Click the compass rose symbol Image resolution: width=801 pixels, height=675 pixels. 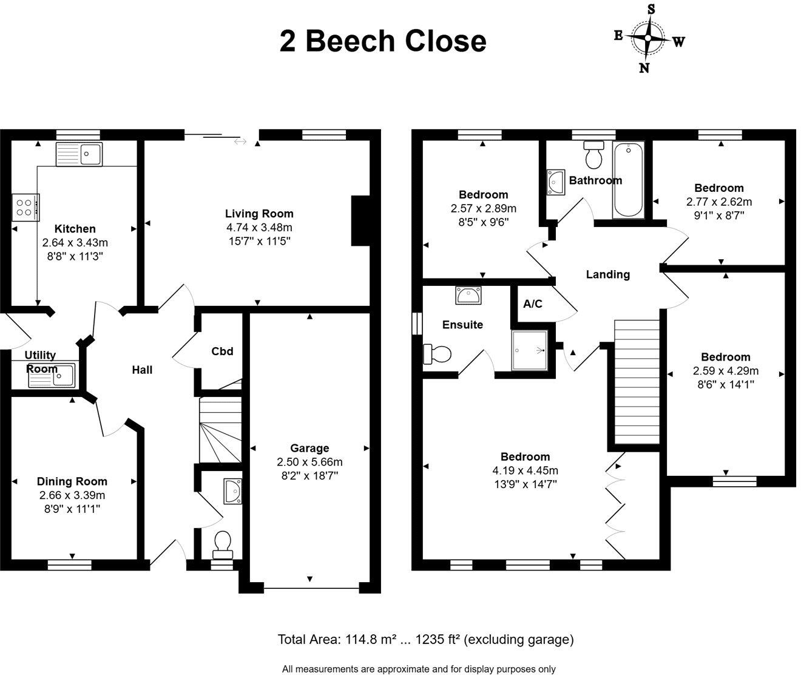point(648,38)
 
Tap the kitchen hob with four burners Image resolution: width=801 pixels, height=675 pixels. point(25,206)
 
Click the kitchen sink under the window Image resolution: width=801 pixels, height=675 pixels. point(79,154)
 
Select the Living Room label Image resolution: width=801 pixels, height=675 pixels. point(259,214)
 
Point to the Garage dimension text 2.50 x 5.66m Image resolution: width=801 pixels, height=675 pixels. point(309,462)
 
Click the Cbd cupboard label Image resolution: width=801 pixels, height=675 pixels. point(222,351)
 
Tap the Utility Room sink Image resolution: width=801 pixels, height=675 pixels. point(52,375)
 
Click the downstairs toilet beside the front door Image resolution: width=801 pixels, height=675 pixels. point(223,544)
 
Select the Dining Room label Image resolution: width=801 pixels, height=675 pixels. point(72,481)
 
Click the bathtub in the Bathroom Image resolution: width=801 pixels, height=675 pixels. point(628,180)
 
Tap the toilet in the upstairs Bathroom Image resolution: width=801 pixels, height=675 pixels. point(593,155)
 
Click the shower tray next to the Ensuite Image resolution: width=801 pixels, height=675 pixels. point(530,350)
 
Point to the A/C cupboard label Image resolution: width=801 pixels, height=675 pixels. point(533,304)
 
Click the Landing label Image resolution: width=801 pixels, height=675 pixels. point(607,274)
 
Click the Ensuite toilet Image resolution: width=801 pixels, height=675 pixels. point(437,354)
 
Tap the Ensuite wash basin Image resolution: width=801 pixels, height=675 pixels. point(468,295)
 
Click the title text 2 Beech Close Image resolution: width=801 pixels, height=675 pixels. point(383,41)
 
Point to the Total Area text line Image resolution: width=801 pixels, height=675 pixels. point(425,639)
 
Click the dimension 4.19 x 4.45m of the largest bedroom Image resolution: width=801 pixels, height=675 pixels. point(526,470)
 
